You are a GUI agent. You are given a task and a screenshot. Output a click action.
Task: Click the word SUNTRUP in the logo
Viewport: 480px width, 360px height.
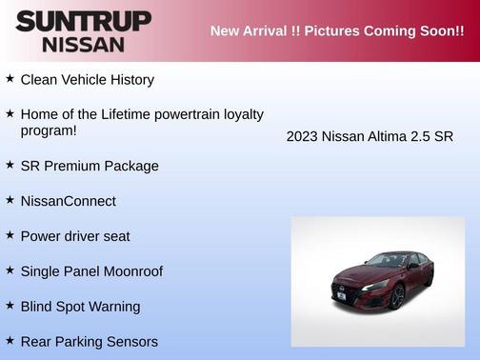click(83, 21)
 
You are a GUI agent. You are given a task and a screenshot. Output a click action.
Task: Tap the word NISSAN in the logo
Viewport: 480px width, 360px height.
click(83, 44)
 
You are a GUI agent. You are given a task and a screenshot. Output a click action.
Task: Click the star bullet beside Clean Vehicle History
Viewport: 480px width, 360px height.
click(10, 79)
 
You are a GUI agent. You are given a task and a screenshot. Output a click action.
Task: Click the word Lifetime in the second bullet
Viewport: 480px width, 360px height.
click(133, 114)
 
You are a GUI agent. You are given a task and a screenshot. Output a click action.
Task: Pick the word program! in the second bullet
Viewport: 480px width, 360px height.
click(49, 130)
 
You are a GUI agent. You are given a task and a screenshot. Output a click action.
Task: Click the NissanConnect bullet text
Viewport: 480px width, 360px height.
click(68, 201)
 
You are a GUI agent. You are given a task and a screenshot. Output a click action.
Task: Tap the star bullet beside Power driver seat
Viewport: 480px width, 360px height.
click(10, 235)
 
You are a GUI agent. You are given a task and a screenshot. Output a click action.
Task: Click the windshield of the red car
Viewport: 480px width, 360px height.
click(390, 260)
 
